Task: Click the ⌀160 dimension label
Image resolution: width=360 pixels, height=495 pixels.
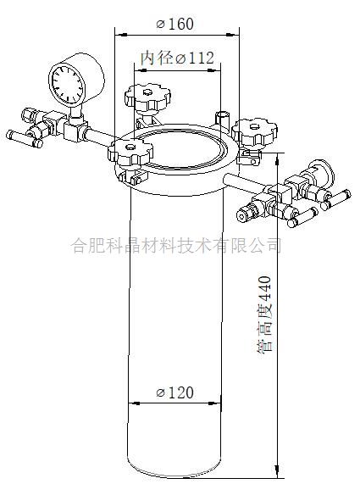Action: [x=175, y=24]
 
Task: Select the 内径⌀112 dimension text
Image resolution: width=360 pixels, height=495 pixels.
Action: [x=177, y=58]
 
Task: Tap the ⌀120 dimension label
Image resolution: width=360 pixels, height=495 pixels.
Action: [x=174, y=393]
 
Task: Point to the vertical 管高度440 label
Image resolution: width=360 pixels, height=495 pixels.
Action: [x=264, y=314]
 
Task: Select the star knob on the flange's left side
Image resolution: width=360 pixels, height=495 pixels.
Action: [x=130, y=153]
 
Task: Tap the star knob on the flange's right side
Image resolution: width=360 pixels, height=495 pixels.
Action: [x=255, y=132]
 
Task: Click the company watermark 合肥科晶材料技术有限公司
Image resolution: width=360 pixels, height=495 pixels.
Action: [x=176, y=245]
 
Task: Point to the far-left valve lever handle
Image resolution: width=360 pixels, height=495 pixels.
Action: [x=25, y=139]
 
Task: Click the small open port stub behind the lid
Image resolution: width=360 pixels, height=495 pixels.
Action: [x=223, y=119]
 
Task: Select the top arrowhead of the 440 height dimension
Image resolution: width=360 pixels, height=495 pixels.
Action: [x=277, y=159]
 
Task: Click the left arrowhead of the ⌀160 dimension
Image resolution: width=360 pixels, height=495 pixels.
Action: [x=121, y=34]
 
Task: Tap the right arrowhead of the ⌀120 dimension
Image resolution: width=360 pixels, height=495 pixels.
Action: [x=214, y=403]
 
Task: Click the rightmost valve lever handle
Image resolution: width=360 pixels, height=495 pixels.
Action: [x=335, y=200]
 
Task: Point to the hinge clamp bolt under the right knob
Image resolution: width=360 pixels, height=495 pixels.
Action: [x=249, y=157]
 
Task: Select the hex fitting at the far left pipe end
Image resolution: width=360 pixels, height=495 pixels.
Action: [x=29, y=115]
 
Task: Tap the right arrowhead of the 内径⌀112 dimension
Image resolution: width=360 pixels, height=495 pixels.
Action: [x=214, y=70]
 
